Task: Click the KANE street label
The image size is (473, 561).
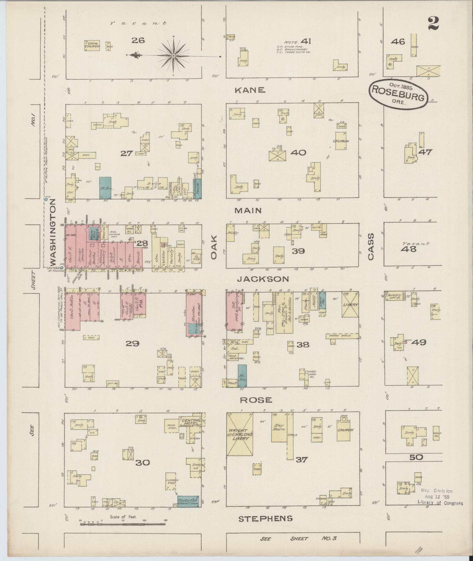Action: (250, 90)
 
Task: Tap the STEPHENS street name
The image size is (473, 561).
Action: (265, 519)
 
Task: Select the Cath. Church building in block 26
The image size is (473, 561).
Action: (92, 46)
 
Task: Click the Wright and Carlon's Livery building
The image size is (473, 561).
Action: (240, 438)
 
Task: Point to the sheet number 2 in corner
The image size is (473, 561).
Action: (433, 24)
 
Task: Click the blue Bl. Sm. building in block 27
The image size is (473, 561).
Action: (105, 188)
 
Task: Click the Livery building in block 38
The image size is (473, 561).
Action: (350, 304)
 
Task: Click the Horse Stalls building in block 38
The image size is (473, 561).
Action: (342, 336)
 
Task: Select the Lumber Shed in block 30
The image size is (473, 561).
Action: (171, 482)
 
